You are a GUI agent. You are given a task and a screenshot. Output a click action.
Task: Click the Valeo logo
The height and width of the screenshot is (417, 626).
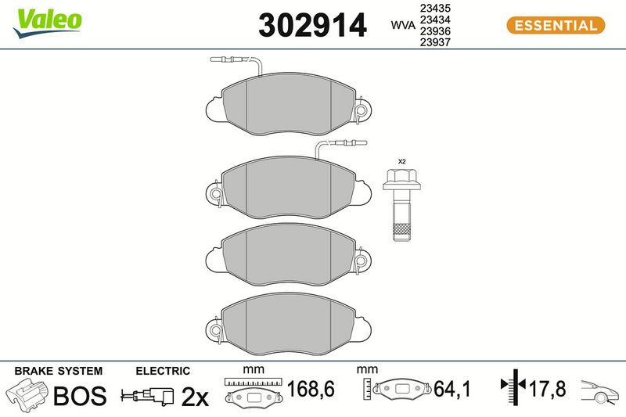47,23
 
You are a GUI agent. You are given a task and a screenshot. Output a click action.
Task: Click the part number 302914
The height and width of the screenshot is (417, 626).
312,25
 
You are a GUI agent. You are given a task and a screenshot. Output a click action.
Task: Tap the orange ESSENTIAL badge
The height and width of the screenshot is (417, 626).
556,26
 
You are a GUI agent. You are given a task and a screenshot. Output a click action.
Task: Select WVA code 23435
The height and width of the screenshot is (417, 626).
435,8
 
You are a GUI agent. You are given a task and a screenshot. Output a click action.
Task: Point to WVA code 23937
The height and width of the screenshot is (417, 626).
435,42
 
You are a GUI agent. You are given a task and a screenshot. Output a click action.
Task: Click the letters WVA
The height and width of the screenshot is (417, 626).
403,25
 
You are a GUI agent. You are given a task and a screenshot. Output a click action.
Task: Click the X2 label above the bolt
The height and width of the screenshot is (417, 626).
401,162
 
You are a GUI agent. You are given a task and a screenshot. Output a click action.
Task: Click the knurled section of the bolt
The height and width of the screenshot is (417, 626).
401,229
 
